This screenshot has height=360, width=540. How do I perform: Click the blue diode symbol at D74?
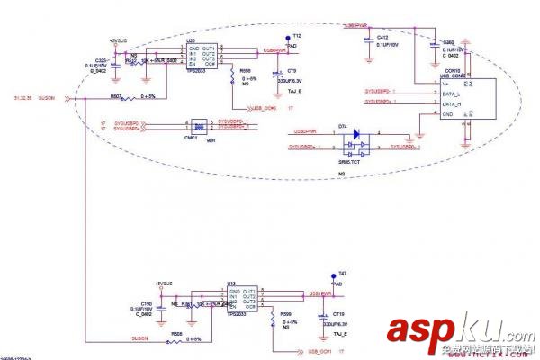pos(356,134)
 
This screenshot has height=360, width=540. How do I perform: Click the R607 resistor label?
pos(116,95)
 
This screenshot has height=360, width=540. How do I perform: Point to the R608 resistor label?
pos(176,331)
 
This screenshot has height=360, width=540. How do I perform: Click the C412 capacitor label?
pos(382,37)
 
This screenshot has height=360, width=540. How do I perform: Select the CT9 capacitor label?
pos(292,71)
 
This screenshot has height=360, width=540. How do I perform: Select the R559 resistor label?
pos(286,313)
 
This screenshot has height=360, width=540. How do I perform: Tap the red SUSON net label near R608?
pos(139,338)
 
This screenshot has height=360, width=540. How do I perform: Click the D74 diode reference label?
pos(343,125)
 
